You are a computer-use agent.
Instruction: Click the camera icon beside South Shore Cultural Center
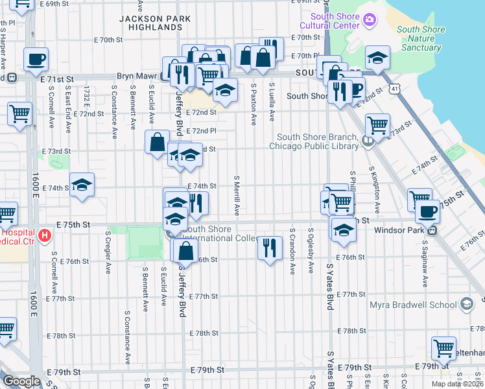(x=369, y=20)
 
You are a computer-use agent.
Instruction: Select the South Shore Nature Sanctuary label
(x=421, y=38)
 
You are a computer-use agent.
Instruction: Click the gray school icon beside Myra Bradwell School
(x=466, y=304)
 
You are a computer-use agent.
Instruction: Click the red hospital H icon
(x=44, y=234)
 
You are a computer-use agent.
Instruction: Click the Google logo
(x=21, y=381)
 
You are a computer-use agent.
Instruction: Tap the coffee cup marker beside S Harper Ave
(x=36, y=60)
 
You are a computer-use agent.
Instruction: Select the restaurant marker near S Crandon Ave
(x=270, y=247)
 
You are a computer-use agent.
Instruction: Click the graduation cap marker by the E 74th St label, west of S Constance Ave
(x=82, y=185)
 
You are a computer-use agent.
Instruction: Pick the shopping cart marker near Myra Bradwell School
(x=444, y=348)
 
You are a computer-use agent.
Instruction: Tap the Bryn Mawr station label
(x=137, y=76)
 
